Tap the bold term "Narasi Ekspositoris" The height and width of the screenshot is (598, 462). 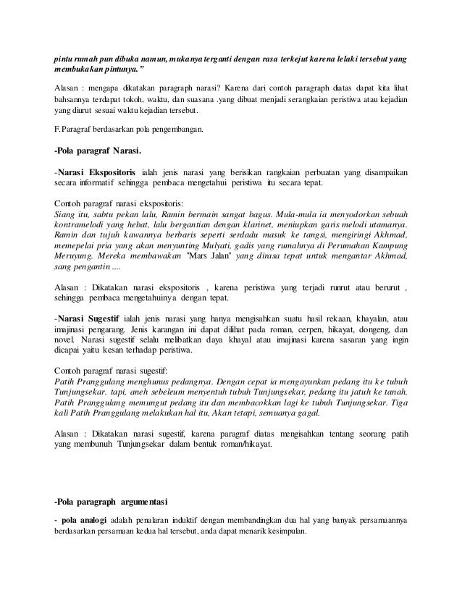98,173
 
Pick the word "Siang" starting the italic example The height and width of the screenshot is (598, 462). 67,215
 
